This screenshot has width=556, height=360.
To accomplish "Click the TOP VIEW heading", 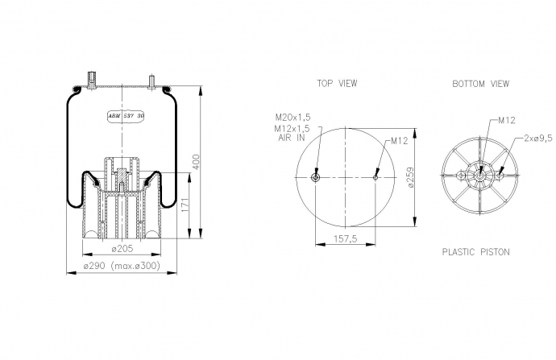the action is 337,84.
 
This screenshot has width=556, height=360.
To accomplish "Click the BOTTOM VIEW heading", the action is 480,84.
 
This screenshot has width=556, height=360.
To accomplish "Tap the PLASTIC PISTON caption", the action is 476,252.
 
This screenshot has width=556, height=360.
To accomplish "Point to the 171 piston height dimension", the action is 185,206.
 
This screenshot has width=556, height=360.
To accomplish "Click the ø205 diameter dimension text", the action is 122,249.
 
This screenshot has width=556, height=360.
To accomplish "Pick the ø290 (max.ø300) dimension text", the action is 122,266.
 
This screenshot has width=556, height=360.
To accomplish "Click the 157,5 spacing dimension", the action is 346,239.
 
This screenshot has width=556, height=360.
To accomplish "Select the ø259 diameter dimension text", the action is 411,177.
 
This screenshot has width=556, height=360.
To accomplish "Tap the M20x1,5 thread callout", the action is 293,117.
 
